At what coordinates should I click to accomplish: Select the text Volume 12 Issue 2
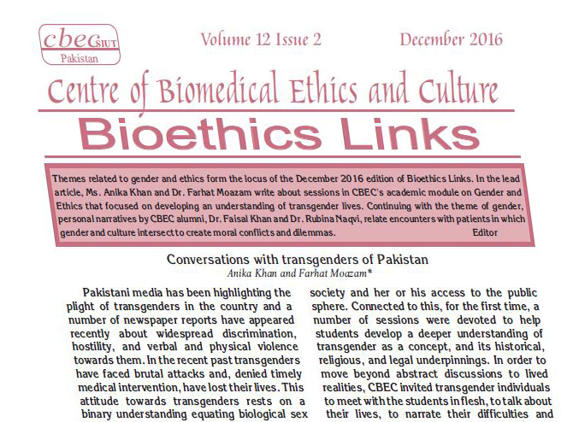261,39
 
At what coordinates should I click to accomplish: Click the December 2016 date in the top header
451,39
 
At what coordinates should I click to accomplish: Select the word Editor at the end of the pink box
485,232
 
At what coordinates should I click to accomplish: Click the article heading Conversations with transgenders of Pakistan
297,259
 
